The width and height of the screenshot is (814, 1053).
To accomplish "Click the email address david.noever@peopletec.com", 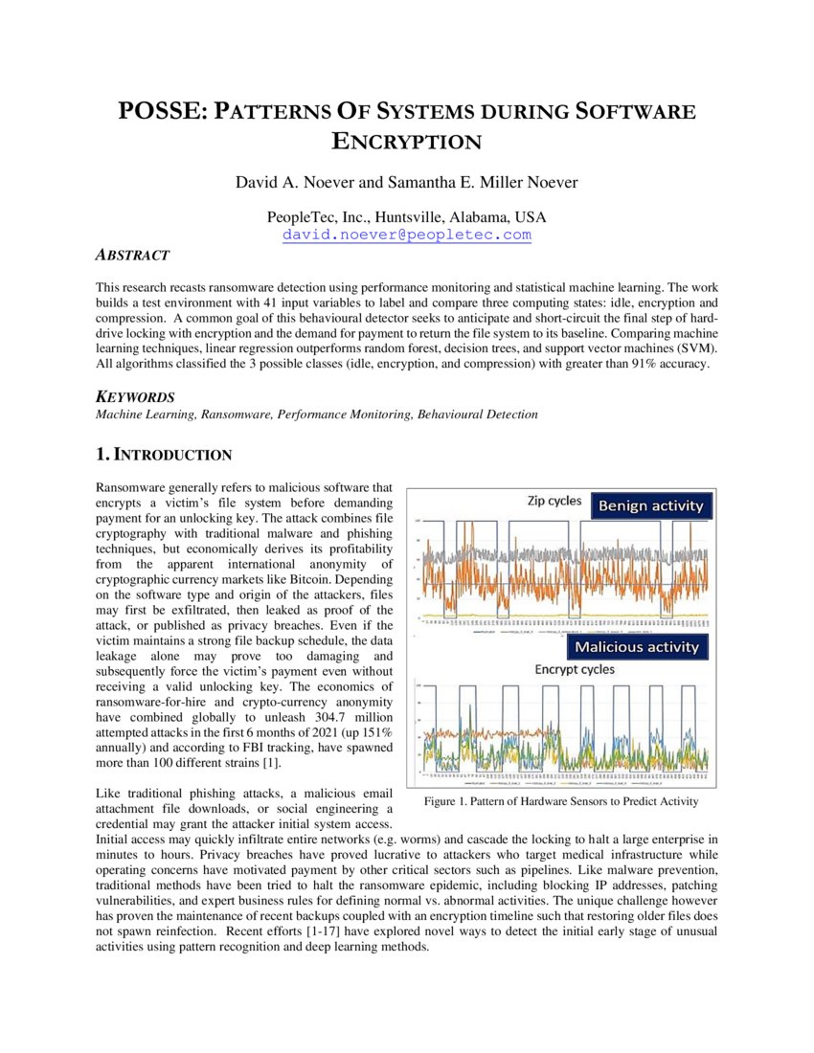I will click(x=406, y=235).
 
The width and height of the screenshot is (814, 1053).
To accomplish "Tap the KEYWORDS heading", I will click(x=134, y=396).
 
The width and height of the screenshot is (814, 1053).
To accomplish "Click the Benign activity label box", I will click(x=650, y=505).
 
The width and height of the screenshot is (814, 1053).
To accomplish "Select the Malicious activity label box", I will click(x=636, y=647).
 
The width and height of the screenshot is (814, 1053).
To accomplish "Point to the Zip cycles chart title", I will click(x=554, y=502).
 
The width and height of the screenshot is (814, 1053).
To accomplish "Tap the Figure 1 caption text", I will click(x=560, y=801).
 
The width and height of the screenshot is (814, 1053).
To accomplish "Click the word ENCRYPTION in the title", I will click(x=406, y=142).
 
